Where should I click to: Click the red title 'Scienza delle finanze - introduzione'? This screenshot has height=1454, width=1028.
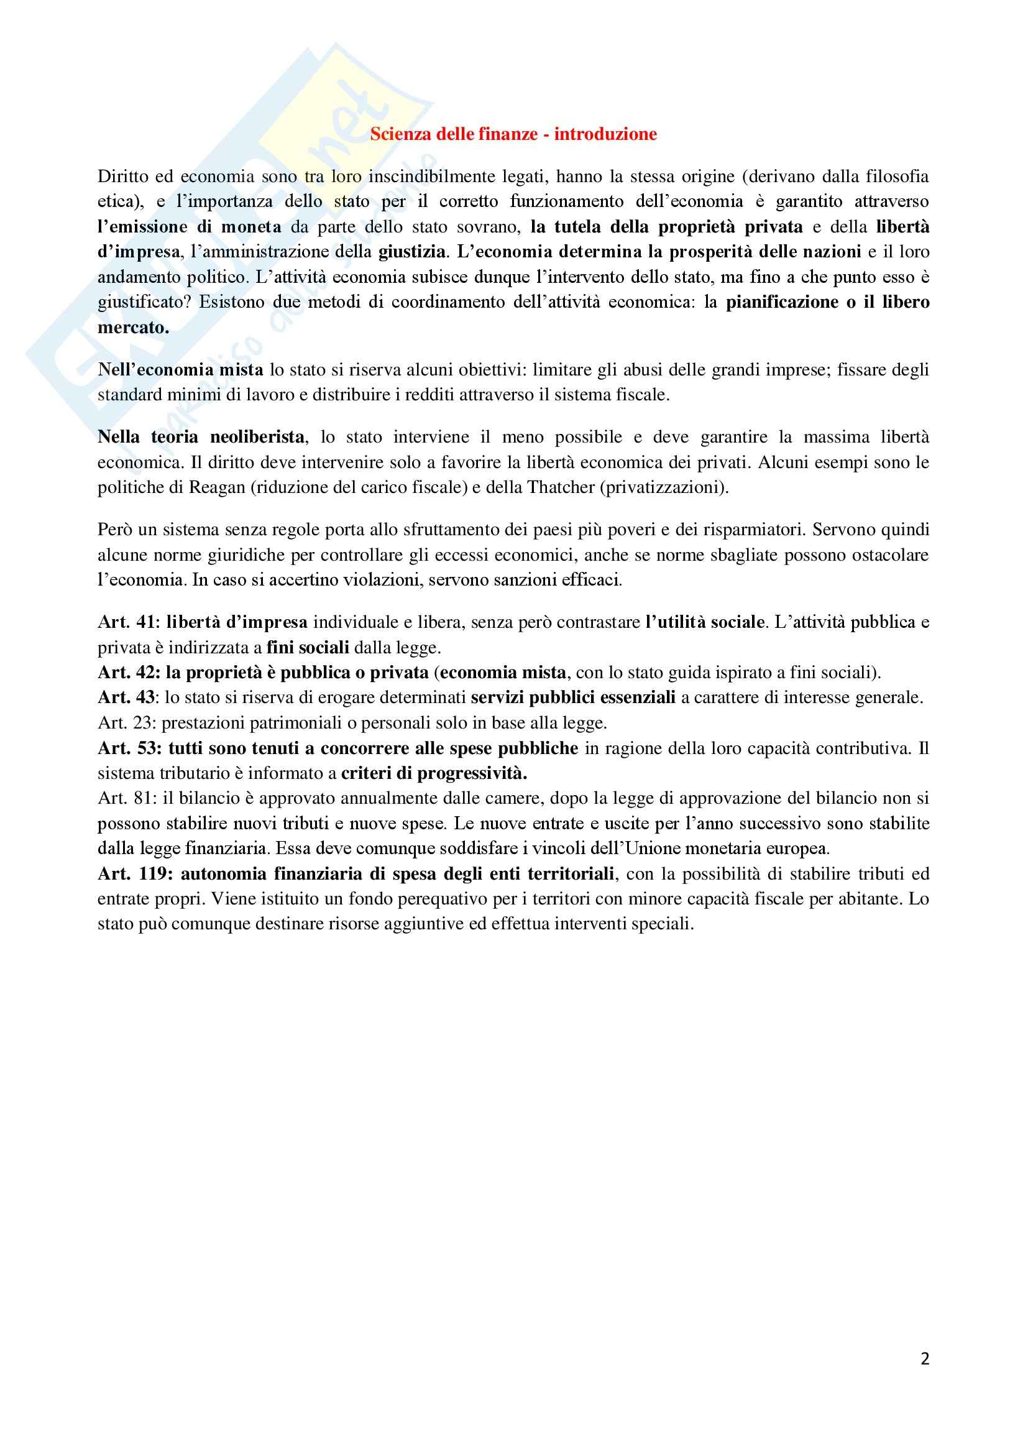513,134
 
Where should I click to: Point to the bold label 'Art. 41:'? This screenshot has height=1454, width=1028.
129,622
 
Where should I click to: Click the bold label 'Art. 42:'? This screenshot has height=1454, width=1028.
129,673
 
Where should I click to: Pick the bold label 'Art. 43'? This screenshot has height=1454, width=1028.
126,698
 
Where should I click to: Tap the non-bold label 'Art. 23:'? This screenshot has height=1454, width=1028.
127,723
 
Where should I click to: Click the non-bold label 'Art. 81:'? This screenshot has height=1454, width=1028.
127,799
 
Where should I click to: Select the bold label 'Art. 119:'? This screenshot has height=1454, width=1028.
135,874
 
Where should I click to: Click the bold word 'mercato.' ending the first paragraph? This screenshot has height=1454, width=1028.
133,328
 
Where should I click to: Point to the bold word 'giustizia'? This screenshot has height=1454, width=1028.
411,252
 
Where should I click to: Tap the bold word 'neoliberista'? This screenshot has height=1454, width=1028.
257,437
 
